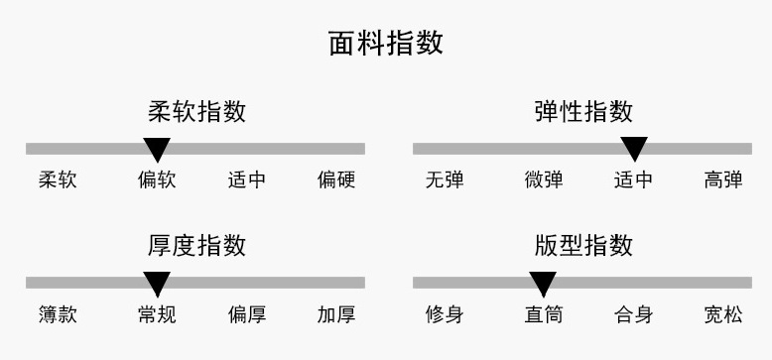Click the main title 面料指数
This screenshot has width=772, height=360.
tap(386, 43)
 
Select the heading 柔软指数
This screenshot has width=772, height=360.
tap(196, 112)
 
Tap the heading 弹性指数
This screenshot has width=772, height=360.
tap(583, 112)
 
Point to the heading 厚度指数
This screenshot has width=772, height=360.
tap(196, 245)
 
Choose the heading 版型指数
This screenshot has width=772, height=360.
tap(583, 245)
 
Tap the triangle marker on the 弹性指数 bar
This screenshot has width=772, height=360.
tap(634, 148)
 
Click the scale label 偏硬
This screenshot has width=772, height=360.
tap(336, 180)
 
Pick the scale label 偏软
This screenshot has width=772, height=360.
tap(157, 180)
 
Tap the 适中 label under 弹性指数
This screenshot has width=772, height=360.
tap(634, 180)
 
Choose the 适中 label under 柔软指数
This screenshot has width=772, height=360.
tap(247, 180)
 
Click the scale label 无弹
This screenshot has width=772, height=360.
tap(445, 180)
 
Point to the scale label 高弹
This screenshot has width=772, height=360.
tap(723, 180)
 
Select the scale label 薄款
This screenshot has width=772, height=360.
tap(58, 314)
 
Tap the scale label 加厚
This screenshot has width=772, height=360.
tap(336, 314)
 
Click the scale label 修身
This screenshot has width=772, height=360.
tap(445, 314)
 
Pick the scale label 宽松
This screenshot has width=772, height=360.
tap(723, 314)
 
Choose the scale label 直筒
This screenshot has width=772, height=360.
tap(544, 314)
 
